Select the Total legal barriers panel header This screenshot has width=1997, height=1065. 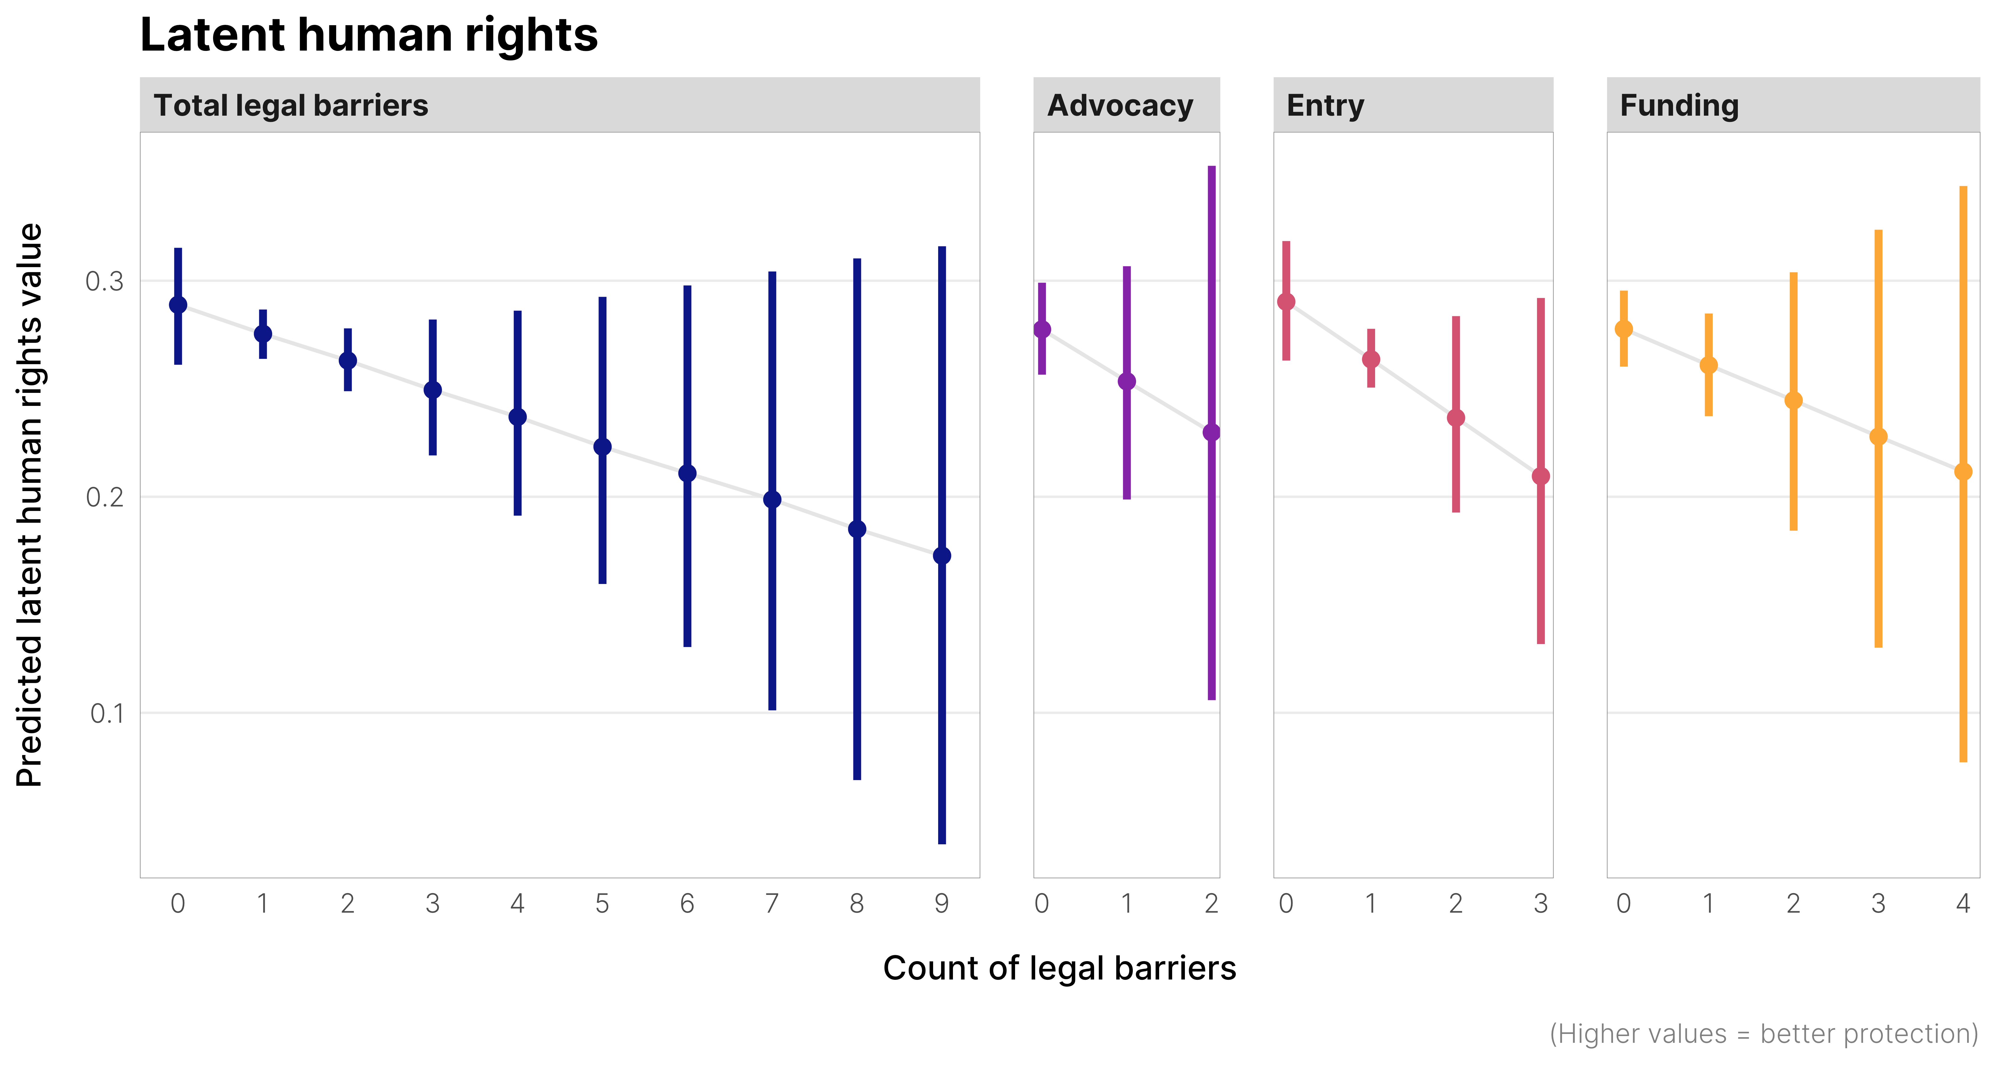(x=291, y=105)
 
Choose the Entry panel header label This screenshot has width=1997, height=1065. (x=1325, y=105)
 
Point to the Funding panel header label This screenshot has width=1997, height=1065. (x=1679, y=105)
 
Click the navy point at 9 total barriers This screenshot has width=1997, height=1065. (x=942, y=556)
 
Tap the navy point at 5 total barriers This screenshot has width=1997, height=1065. (x=602, y=446)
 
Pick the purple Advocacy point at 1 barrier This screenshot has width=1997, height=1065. (x=1126, y=381)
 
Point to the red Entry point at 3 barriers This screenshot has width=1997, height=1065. (x=1541, y=476)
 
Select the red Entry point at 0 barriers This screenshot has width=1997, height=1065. (x=1286, y=301)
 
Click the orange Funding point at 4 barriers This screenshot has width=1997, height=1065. (x=1963, y=471)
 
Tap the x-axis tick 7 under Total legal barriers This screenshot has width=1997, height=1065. (x=772, y=903)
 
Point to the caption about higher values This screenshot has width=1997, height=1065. (x=1764, y=1034)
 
